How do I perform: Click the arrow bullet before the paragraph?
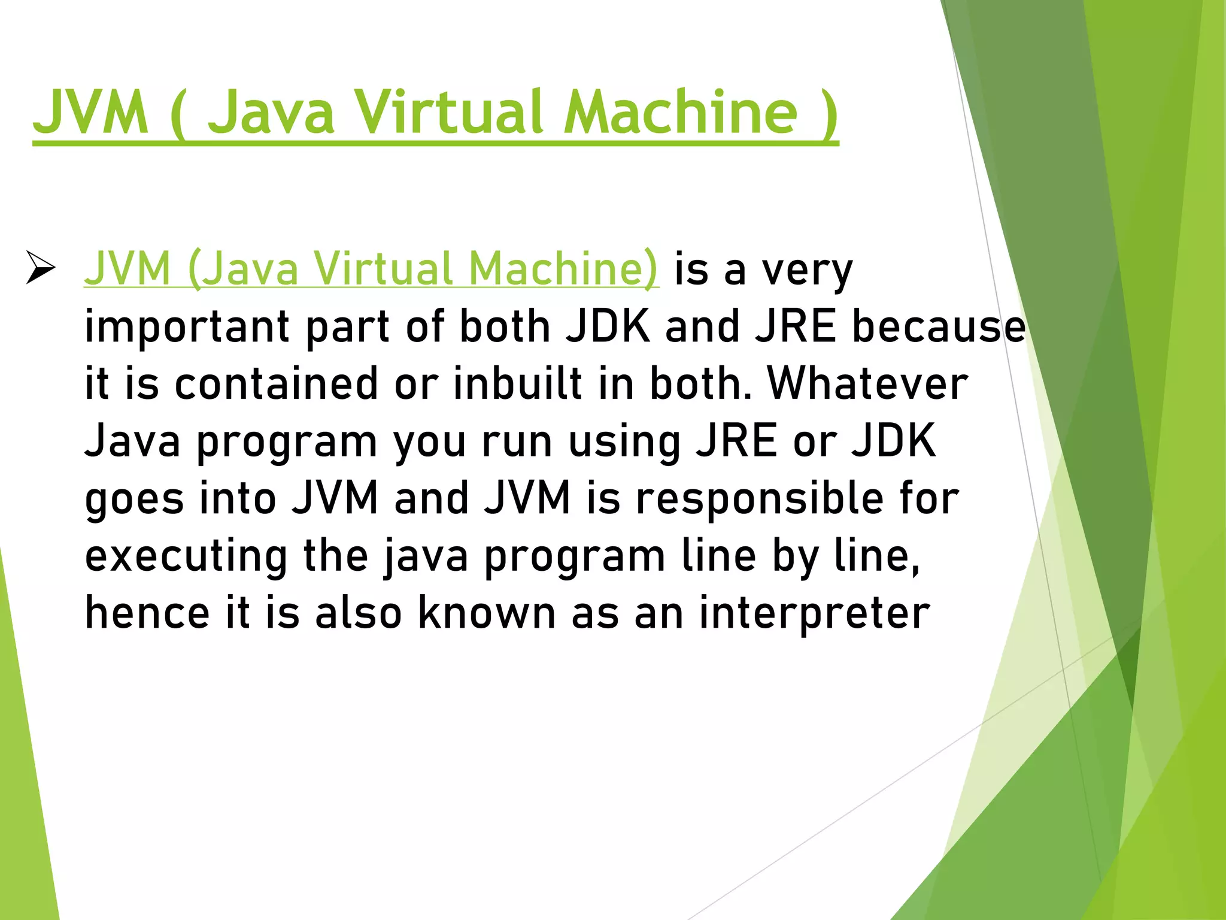pyautogui.click(x=41, y=268)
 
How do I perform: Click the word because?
pyautogui.click(x=939, y=327)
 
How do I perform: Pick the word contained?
pyautogui.click(x=276, y=384)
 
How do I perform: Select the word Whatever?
pyautogui.click(x=867, y=384)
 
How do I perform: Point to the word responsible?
pyautogui.click(x=759, y=498)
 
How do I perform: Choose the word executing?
pyautogui.click(x=186, y=557)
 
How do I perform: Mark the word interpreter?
pyautogui.click(x=814, y=613)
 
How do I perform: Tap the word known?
pyautogui.click(x=487, y=613)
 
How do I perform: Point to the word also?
pyautogui.click(x=358, y=613)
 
